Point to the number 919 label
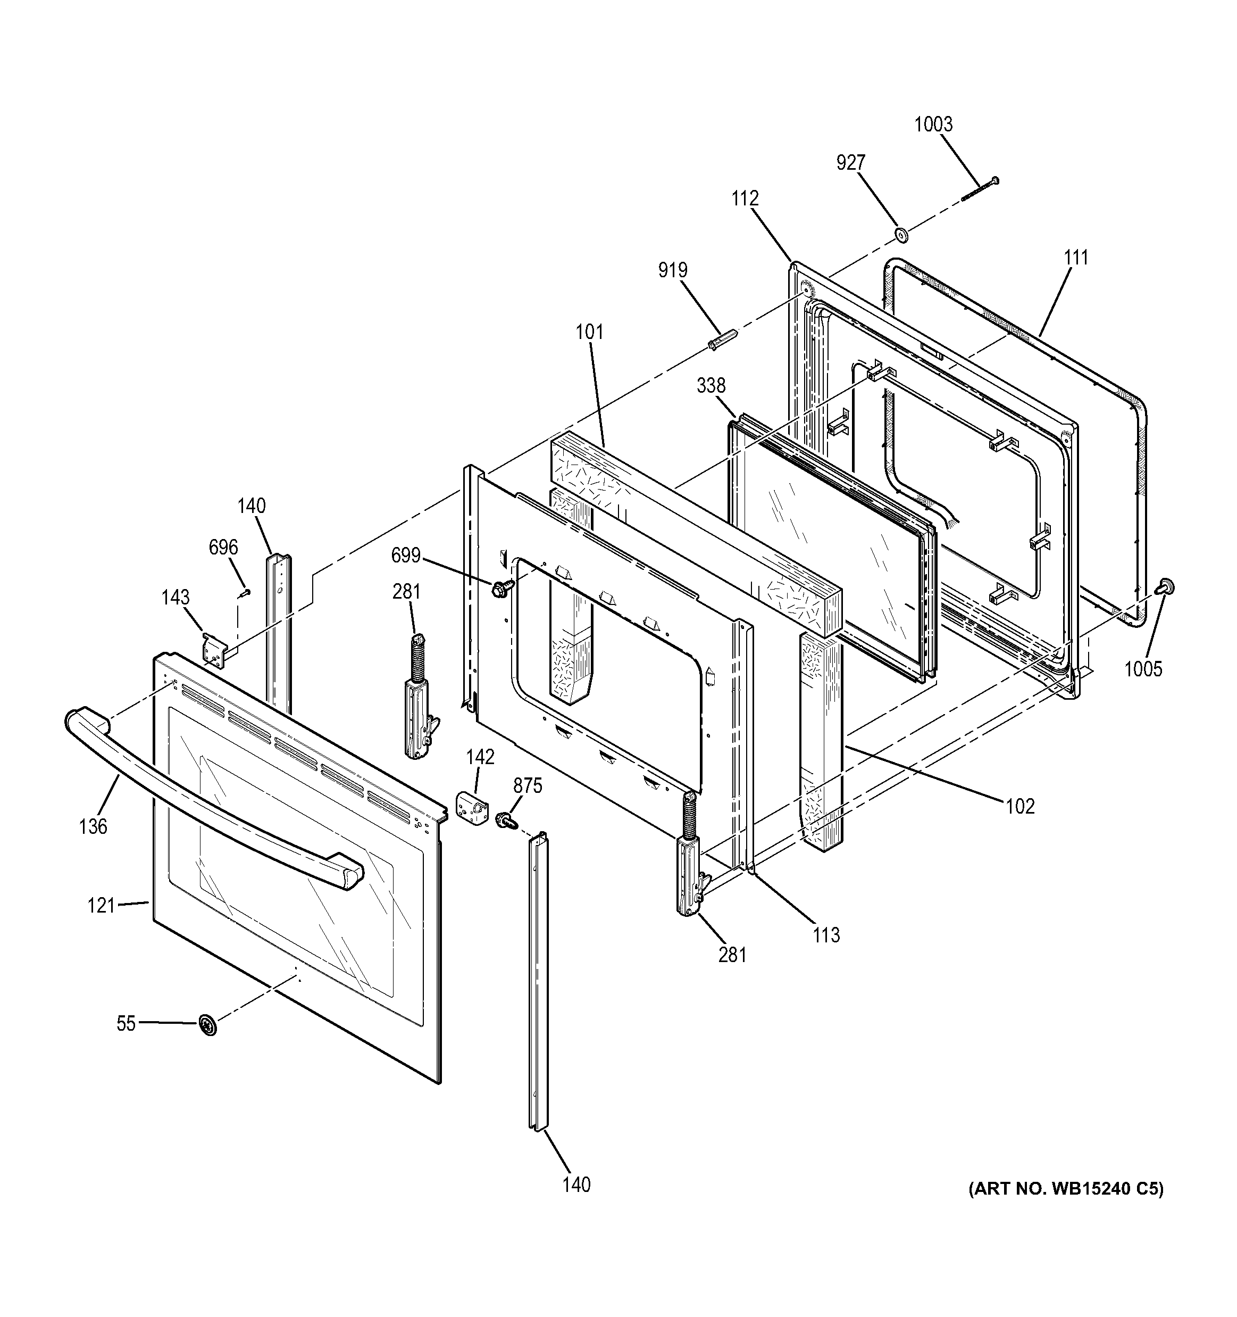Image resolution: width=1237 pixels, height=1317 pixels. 673,270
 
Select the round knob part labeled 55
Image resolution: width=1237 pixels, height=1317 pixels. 208,1025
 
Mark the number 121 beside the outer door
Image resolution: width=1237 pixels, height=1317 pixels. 102,906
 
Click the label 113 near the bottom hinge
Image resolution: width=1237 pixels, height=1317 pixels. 826,935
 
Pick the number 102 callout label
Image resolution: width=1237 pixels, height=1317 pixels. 1020,806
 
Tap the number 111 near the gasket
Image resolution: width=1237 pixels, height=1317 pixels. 1076,257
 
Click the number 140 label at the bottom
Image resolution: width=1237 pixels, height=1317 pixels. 576,1185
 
